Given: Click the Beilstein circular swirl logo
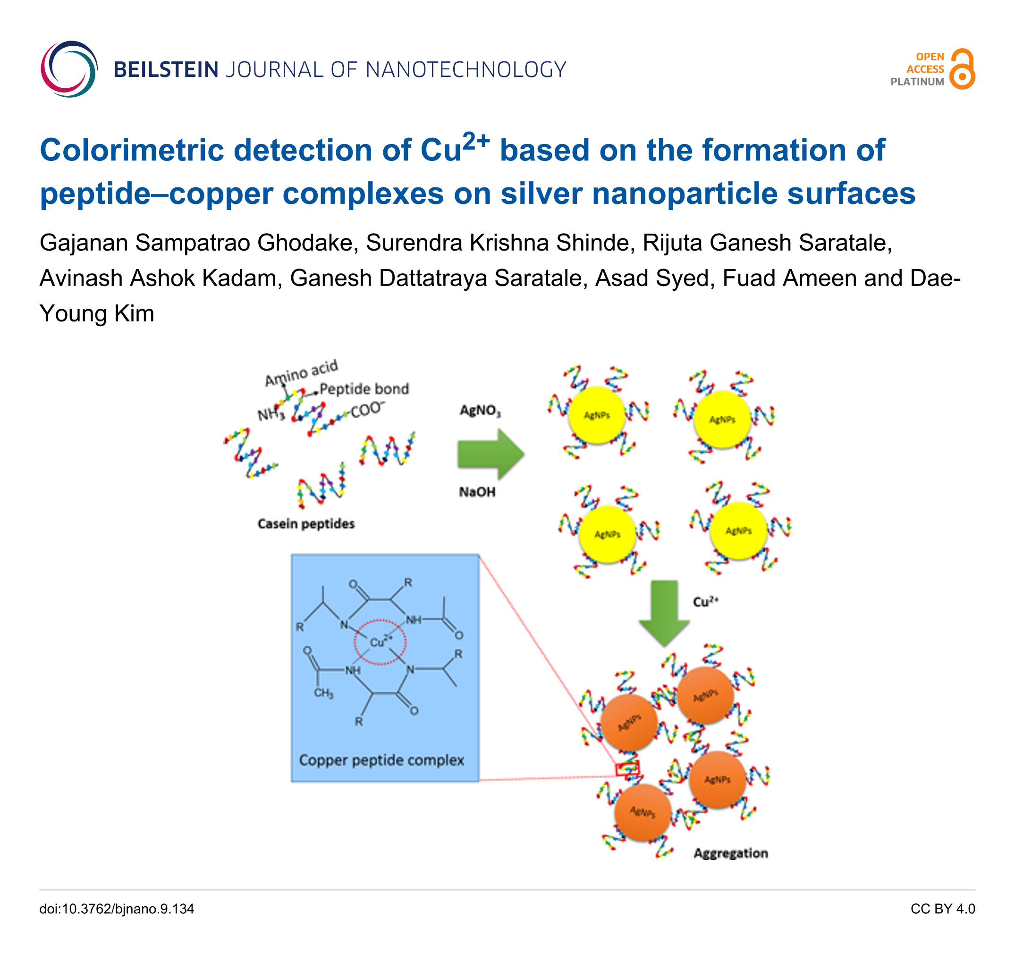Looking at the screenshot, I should point(68,69).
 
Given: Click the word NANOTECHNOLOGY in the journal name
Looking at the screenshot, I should point(466,70).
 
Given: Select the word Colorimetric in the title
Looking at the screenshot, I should point(132,150).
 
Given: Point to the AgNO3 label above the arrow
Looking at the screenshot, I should point(480,411).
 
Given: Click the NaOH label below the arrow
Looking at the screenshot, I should point(477,492).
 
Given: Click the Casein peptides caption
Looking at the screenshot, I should point(306,523).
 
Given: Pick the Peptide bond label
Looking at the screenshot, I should point(364,389).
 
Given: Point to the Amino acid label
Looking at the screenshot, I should point(301,372).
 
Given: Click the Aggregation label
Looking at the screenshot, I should point(731,853).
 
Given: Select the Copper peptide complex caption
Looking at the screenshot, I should point(381,759).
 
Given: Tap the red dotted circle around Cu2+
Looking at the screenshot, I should point(380,642).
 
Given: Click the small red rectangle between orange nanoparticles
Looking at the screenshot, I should point(627,768).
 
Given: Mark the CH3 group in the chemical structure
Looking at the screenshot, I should point(323,693).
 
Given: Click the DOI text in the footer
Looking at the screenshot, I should point(117,909).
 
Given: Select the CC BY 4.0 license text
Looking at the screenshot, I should point(942,909).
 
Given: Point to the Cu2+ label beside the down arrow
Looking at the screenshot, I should point(705,601).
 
